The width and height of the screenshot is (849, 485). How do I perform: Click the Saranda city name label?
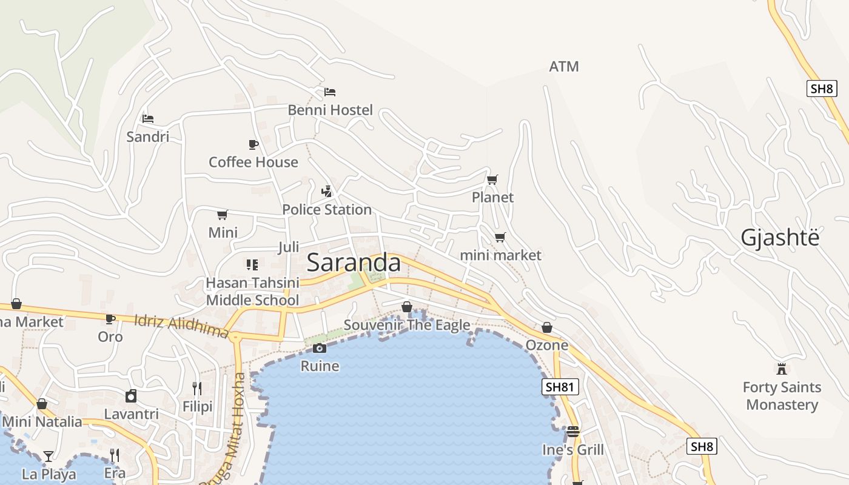(354, 263)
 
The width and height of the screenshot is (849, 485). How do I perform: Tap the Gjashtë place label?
(780, 238)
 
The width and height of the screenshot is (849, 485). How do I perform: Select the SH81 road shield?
(560, 387)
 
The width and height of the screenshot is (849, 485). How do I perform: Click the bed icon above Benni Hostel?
(330, 92)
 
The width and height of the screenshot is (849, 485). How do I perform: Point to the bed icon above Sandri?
(148, 119)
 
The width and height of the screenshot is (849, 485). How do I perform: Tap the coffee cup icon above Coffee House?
(253, 144)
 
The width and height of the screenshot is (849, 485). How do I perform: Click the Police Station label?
(327, 210)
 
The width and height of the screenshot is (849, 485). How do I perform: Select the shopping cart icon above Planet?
(492, 179)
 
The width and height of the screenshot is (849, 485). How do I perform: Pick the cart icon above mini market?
(500, 237)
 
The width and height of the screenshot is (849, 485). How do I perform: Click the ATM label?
(564, 67)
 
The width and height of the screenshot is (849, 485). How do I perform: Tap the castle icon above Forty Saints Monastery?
(782, 369)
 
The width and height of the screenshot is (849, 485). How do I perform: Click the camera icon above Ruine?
(320, 348)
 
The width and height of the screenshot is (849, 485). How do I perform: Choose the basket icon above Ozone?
(547, 327)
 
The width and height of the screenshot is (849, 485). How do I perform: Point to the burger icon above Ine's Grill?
(573, 432)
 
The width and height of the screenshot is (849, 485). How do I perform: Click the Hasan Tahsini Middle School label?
(253, 292)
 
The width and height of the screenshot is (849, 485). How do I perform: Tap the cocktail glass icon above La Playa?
(49, 456)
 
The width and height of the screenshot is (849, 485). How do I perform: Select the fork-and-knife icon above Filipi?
(197, 388)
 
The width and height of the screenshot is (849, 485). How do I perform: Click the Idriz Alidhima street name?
(181, 326)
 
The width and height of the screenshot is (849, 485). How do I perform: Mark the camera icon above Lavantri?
(131, 396)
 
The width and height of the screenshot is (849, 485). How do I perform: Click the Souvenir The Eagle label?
(407, 325)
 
